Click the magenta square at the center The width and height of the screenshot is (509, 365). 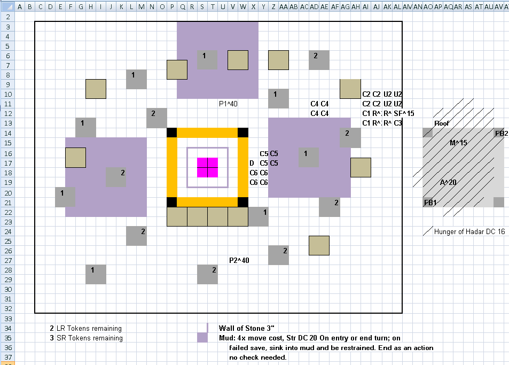tap(207, 168)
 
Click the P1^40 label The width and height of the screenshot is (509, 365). tap(228, 104)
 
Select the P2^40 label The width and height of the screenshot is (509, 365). tap(239, 260)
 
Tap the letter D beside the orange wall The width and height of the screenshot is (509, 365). tap(252, 163)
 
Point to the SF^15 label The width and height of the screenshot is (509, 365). tap(404, 113)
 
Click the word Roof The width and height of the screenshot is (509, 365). tap(442, 123)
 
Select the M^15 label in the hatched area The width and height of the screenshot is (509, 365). tap(458, 143)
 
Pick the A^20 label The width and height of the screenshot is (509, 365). tap(448, 183)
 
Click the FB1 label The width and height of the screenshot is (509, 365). tap(430, 203)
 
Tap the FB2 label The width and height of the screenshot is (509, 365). tap(502, 133)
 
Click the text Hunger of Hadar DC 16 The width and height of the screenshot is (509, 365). tap(469, 231)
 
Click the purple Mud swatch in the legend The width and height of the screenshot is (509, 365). tap(202, 337)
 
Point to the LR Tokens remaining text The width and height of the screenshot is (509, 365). tap(89, 328)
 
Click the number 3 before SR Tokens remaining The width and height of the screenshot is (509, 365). tap(52, 338)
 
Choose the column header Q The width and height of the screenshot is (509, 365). tap(183, 6)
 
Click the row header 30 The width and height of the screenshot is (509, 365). tap(8, 289)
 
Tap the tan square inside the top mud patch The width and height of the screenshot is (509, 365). tap(238, 60)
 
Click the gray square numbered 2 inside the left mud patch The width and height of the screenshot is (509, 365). tap(116, 177)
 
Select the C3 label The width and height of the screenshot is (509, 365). tap(398, 123)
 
